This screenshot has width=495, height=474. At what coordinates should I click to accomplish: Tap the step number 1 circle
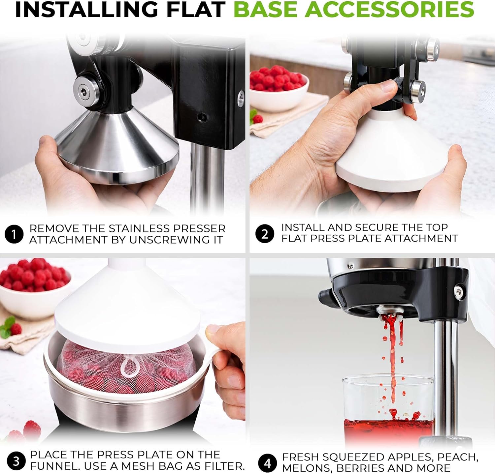point(14,235)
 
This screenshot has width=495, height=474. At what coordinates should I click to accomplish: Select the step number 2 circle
point(265,234)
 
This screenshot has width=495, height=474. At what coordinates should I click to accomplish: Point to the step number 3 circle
point(16,461)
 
